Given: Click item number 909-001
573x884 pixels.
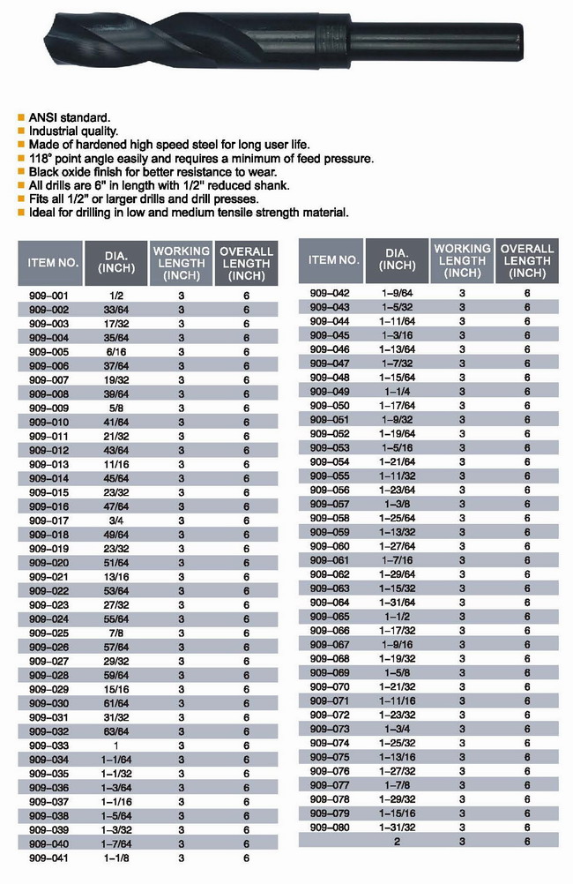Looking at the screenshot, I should [48, 296].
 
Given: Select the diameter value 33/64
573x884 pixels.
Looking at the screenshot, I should [115, 310].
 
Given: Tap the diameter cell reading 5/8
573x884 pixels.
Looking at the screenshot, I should [115, 408].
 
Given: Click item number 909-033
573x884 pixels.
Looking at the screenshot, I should [48, 745].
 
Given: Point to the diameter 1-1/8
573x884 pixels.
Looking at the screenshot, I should [115, 858].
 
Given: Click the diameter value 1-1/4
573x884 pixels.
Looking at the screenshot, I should [397, 391].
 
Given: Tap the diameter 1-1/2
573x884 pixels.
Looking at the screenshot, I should [397, 617].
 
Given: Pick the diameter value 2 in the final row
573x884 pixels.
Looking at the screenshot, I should [397, 842].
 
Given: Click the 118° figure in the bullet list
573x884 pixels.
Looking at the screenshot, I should [43, 158].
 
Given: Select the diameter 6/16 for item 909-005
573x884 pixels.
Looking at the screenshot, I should [115, 352].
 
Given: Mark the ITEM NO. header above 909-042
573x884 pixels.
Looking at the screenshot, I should [333, 260].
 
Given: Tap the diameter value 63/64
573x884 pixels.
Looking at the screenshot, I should [115, 730].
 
